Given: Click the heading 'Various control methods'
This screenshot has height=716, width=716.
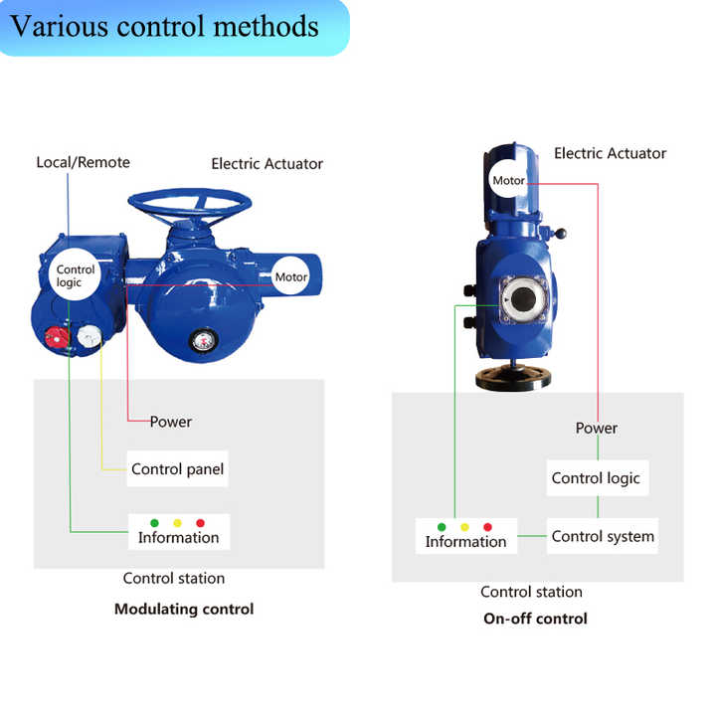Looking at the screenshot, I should coord(165,26).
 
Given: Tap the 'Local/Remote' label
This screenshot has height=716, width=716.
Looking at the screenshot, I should coord(83,162).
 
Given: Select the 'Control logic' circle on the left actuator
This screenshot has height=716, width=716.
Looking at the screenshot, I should coord(76,275).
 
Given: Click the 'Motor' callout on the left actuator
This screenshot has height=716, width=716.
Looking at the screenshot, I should coord(291,277).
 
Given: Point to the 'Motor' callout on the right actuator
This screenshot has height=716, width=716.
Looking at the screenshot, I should coord(508,182).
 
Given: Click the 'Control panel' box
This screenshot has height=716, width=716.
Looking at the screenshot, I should coord(178,468).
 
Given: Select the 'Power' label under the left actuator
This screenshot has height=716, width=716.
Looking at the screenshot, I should coord(171,422).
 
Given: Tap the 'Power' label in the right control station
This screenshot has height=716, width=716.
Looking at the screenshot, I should coord(597,428).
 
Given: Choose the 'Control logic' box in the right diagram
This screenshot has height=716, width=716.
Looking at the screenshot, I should coord(596,478).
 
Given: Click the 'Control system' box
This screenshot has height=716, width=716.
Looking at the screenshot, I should coord(603,536).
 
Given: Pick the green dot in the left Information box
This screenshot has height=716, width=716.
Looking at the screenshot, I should coord(154,523).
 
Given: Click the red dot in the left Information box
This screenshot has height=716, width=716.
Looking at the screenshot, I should coord(200,523).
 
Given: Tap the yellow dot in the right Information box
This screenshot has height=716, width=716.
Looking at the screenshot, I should coord(464,527).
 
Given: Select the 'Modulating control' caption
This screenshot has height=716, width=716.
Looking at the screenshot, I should coord(184,609).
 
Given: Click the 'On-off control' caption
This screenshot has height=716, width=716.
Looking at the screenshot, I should coord(535,619).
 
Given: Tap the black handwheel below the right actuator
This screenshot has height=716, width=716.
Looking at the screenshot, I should coord(514,378).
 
